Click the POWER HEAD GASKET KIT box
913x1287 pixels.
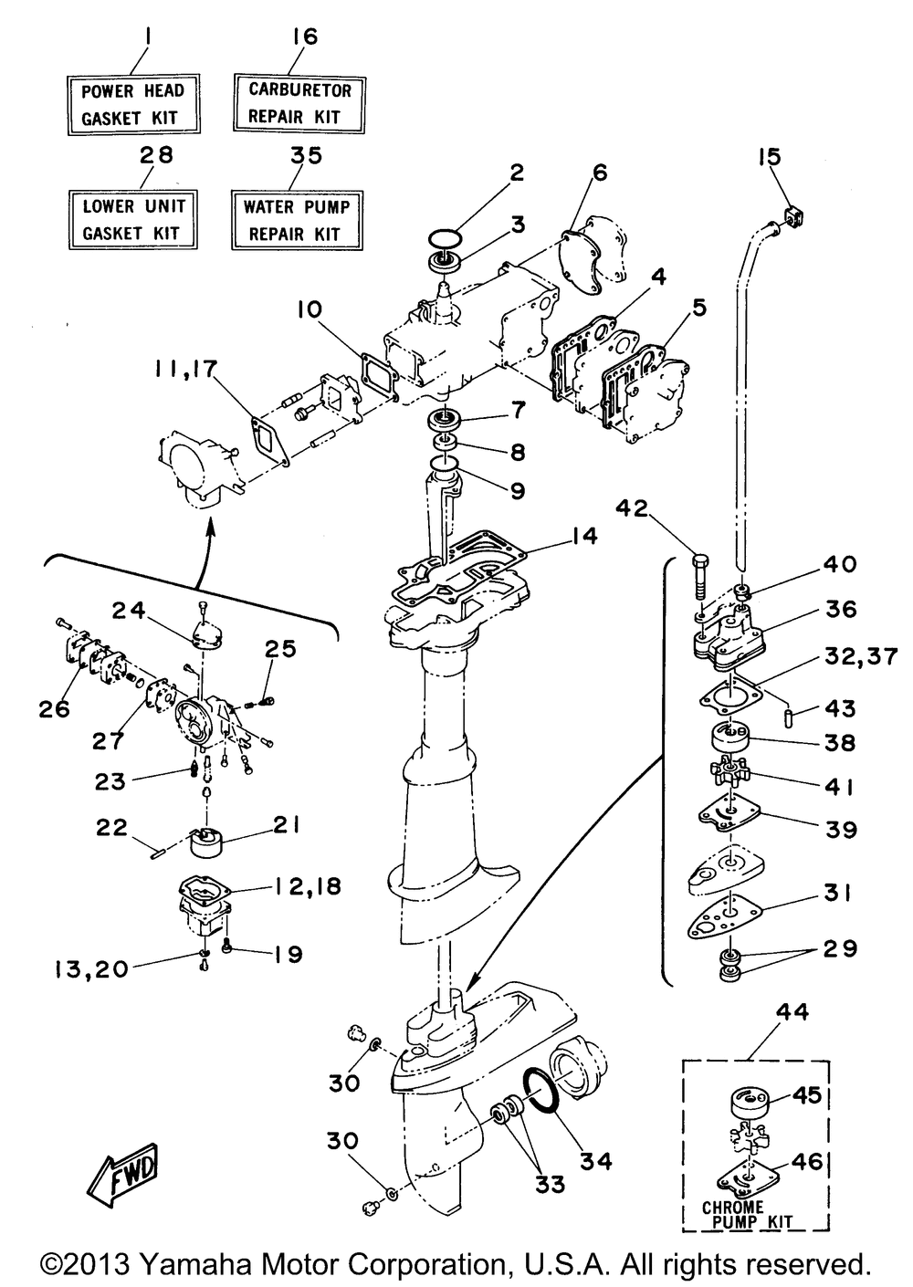point(133,104)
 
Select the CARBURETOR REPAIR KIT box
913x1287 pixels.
point(299,103)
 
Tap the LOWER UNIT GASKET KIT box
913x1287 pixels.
point(133,219)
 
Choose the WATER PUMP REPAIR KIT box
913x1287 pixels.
point(297,220)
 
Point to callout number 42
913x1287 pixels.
point(632,507)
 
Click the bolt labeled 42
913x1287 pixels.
point(701,578)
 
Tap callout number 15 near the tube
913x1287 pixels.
point(770,156)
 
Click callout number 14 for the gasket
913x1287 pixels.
point(583,536)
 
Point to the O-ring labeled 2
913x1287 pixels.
point(445,237)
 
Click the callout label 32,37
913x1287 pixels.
point(861,656)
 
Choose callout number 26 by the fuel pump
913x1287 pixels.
point(55,709)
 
